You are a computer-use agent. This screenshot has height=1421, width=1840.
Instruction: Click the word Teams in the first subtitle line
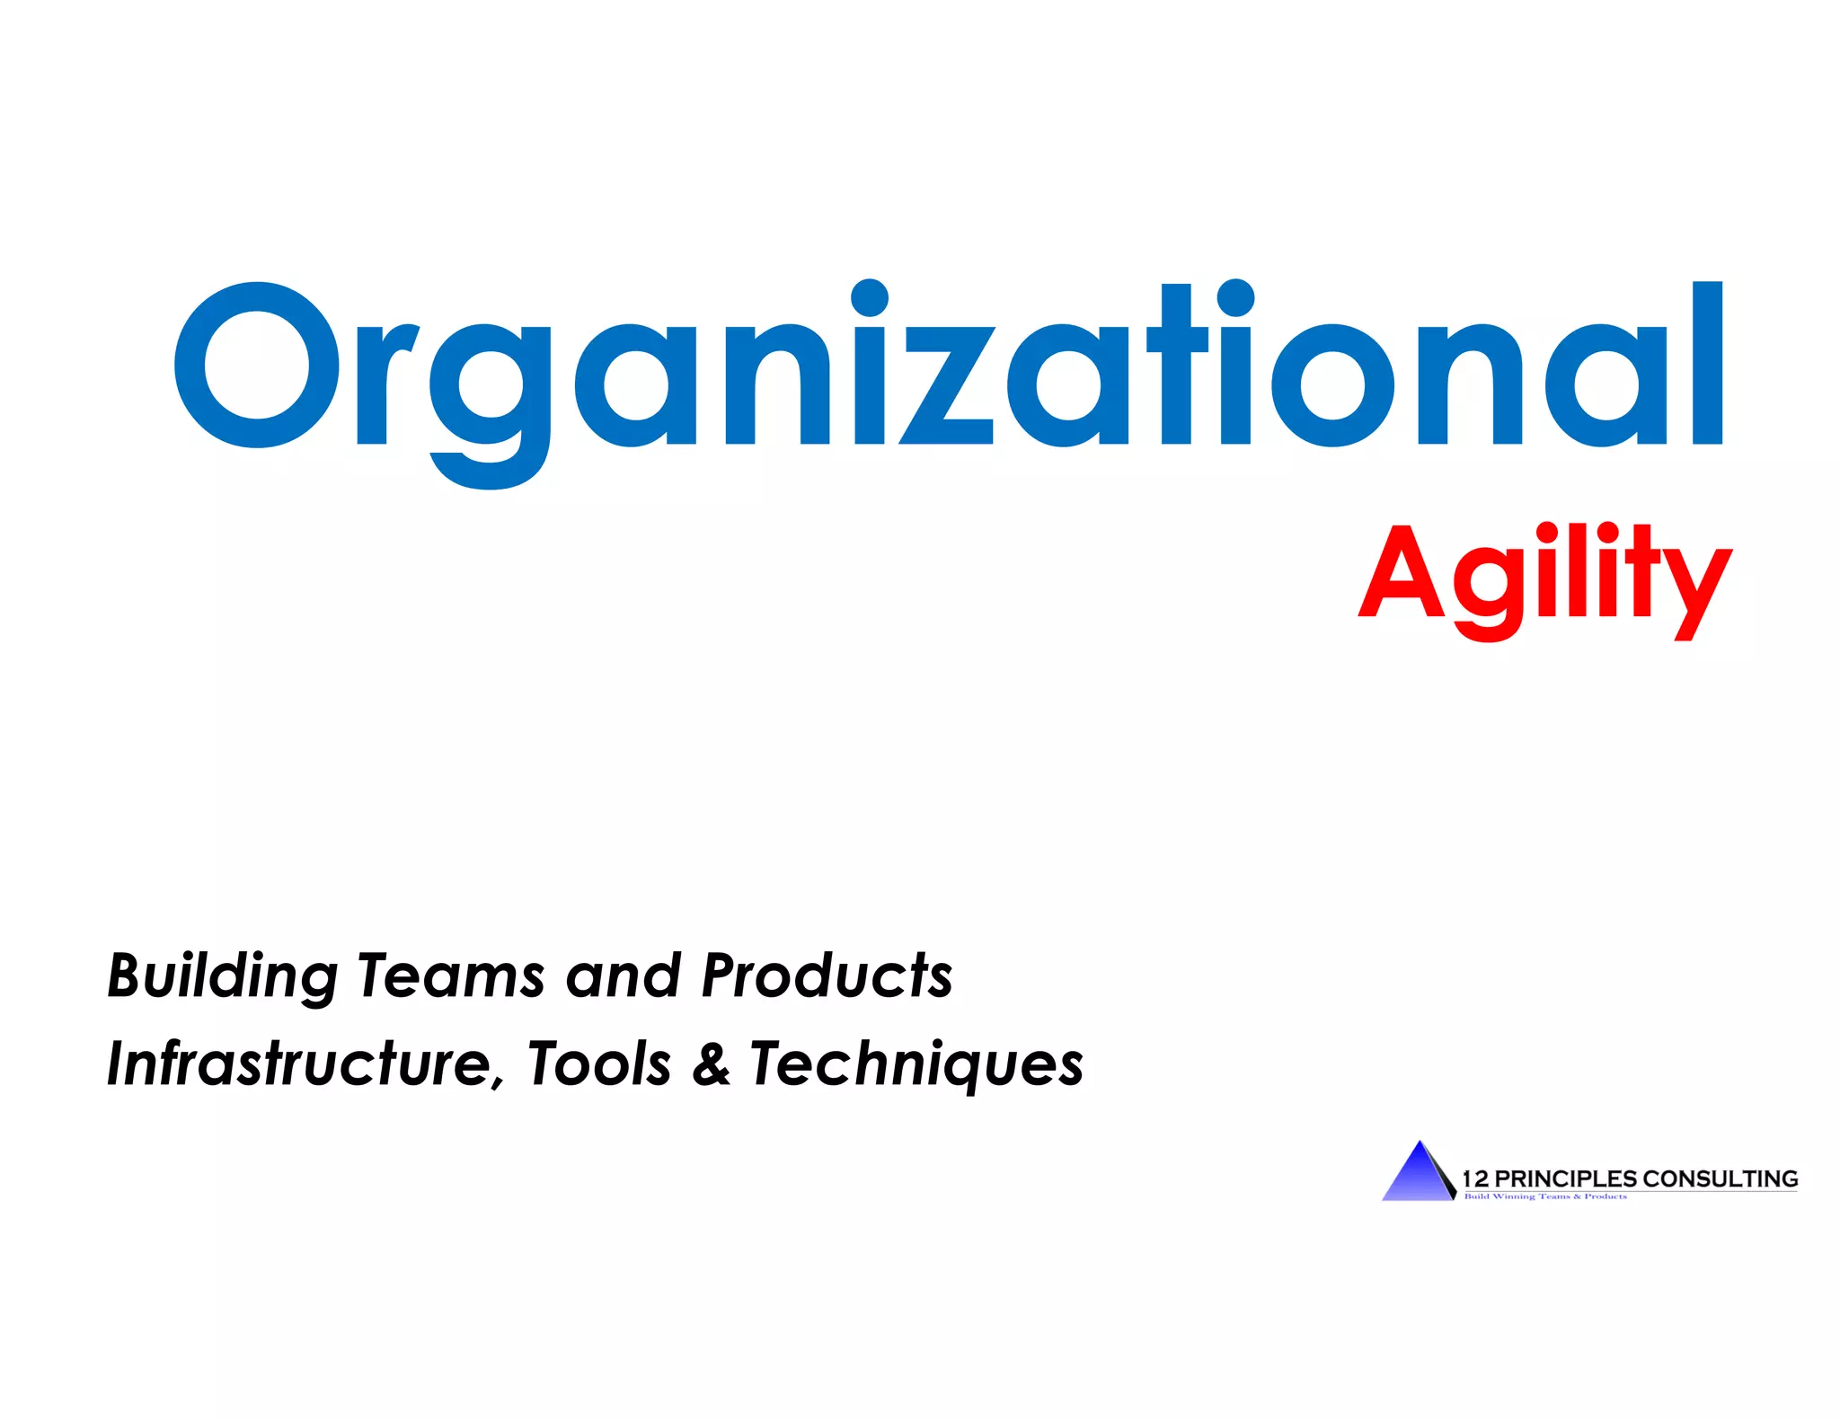tap(451, 975)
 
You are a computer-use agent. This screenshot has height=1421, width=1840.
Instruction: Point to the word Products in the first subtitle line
tap(827, 975)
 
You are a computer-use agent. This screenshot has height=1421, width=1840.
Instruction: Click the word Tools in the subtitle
tap(599, 1064)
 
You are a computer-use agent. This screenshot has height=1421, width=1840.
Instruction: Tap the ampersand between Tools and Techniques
tap(711, 1064)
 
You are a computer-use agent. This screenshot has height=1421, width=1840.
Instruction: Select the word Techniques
tap(916, 1065)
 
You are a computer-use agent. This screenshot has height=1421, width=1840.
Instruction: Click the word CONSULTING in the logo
tap(1720, 1178)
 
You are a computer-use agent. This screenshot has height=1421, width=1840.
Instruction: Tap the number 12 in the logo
tap(1475, 1178)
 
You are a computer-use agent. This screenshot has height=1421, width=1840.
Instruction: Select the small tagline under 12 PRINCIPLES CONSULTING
tap(1545, 1196)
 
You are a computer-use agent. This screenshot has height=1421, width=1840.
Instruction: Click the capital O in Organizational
tap(258, 365)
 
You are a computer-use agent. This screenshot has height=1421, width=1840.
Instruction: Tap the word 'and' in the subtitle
tap(623, 975)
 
